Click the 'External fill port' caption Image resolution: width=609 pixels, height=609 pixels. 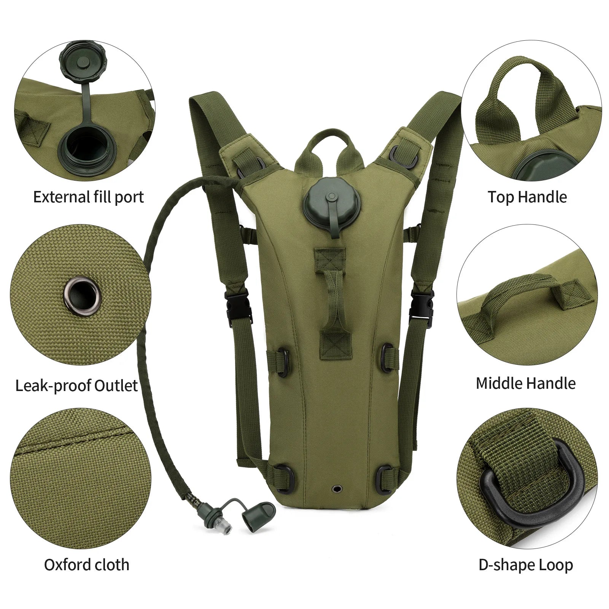[89, 197]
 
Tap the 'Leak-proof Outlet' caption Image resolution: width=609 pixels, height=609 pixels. [76, 385]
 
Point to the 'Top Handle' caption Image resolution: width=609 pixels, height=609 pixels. [527, 197]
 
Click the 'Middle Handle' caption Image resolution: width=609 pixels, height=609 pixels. [526, 383]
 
